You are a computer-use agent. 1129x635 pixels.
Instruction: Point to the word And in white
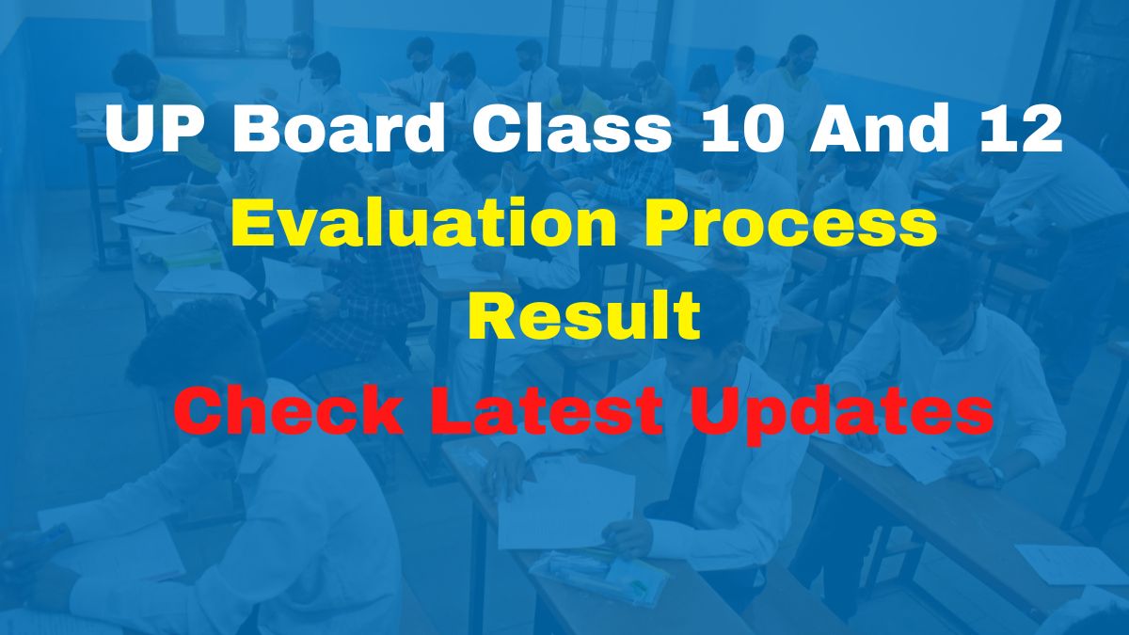pos(884,131)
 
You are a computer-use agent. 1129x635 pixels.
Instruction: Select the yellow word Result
pos(584,317)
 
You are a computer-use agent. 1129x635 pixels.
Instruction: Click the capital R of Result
pos(490,317)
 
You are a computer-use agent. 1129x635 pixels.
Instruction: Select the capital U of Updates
pos(714,411)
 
